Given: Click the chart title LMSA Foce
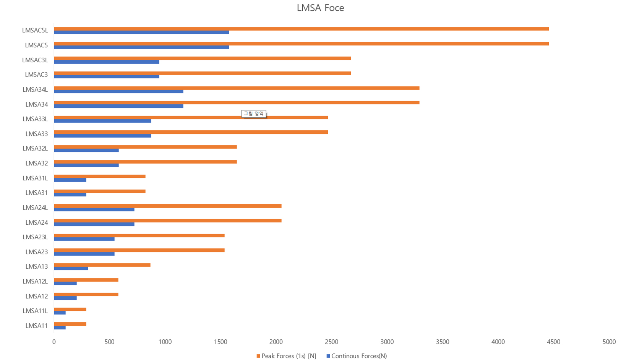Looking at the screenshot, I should pyautogui.click(x=320, y=8).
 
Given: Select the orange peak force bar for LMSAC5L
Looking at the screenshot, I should pyautogui.click(x=301, y=29).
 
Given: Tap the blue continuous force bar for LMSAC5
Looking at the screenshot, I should pyautogui.click(x=141, y=47).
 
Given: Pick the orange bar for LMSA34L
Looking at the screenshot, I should pyautogui.click(x=237, y=88).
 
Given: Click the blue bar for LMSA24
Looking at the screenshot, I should pyautogui.click(x=94, y=224).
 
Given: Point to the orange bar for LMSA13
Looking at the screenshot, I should pyautogui.click(x=102, y=265).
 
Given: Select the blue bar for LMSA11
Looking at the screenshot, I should pyautogui.click(x=60, y=328).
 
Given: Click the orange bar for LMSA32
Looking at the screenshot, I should pyautogui.click(x=145, y=162).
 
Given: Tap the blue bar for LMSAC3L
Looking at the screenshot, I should pyautogui.click(x=106, y=62).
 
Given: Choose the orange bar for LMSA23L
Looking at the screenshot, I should pyautogui.click(x=139, y=235).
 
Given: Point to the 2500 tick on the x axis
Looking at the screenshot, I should pyautogui.click(x=331, y=342).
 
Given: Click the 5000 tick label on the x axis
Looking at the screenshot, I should pyautogui.click(x=609, y=342).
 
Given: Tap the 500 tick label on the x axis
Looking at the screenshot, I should pyautogui.click(x=109, y=342).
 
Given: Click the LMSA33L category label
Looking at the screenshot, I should pyautogui.click(x=35, y=119).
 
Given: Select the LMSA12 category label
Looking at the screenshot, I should pyautogui.click(x=37, y=296).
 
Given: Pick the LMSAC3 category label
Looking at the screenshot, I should pyautogui.click(x=36, y=75).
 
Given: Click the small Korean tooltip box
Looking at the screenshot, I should pyautogui.click(x=254, y=114).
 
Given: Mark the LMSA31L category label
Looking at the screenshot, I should pyautogui.click(x=35, y=178).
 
